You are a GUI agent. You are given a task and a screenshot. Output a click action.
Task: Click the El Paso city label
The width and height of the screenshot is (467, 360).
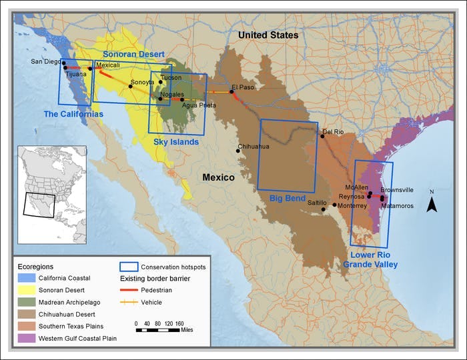point(243,87)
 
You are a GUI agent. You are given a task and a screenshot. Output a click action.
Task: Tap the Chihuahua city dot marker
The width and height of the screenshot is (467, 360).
point(238,151)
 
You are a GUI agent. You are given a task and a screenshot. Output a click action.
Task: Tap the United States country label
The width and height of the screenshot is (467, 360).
point(268,35)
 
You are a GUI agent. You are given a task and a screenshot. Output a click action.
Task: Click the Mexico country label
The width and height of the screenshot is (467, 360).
point(219,178)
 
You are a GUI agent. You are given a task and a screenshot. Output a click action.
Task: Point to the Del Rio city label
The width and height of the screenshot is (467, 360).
point(332,132)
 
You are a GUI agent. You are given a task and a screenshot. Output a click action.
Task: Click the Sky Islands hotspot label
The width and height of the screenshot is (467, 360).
point(176,142)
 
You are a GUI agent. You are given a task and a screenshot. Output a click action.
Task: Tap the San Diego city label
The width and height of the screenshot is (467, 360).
point(47,62)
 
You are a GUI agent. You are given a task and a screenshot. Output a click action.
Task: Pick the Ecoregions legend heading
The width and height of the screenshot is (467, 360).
point(34,265)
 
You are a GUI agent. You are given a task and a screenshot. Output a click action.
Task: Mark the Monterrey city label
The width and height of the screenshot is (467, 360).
point(353,206)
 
